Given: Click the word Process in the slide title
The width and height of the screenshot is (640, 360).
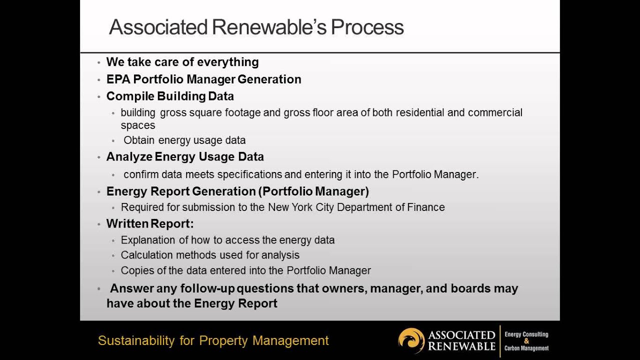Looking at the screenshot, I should click(x=367, y=27).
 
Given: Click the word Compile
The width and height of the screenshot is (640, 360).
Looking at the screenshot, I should click(x=130, y=96).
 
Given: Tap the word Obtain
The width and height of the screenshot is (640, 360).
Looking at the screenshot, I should click(x=139, y=140).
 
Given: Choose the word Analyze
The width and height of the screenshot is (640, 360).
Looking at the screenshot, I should click(x=129, y=157).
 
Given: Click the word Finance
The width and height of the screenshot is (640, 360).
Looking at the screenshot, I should click(x=426, y=207).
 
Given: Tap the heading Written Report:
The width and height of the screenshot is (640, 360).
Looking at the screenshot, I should click(x=150, y=223).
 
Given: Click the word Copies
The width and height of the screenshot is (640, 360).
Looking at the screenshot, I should click(x=135, y=270).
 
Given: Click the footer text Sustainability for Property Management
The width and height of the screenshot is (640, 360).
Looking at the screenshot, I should click(x=213, y=341).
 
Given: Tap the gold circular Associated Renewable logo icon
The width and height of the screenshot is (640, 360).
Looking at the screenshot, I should click(x=411, y=340).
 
